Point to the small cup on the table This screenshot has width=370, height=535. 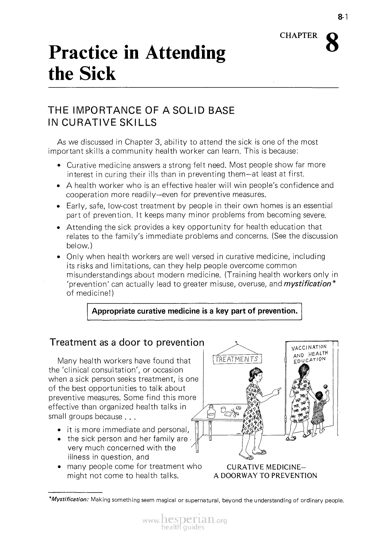pyautogui.click(x=222, y=410)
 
